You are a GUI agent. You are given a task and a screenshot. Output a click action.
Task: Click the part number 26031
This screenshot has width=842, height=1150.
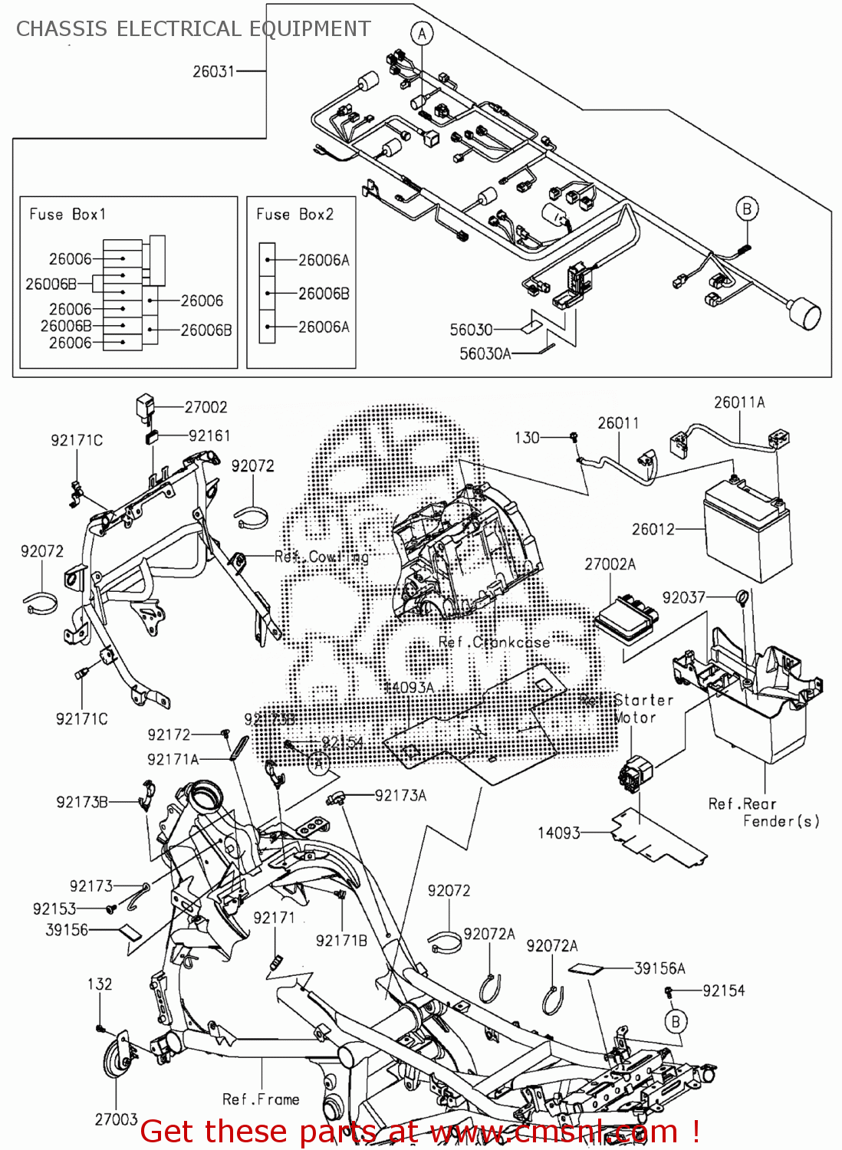point(213,71)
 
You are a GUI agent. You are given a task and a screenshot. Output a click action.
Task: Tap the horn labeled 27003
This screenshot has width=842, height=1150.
point(119,1058)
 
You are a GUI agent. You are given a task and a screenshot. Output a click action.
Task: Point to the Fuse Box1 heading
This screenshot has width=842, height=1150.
point(67,214)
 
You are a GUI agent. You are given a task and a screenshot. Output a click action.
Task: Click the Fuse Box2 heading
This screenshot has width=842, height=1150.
point(295,214)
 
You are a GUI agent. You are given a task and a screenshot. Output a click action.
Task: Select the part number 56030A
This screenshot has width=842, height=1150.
point(485,353)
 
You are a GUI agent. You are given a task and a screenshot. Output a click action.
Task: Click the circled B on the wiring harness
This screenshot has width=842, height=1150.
point(747,209)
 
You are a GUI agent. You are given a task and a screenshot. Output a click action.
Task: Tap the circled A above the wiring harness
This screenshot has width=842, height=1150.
point(422,34)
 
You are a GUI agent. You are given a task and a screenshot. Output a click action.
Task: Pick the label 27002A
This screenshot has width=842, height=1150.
point(610,564)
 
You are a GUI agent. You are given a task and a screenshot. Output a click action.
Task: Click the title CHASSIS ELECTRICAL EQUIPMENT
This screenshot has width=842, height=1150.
point(193,29)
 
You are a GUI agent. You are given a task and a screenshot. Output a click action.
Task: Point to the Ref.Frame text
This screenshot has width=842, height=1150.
point(261,1099)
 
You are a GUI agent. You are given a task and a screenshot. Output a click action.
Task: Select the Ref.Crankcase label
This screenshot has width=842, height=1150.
point(494,642)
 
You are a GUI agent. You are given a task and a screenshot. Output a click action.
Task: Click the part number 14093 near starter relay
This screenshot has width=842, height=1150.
point(559,833)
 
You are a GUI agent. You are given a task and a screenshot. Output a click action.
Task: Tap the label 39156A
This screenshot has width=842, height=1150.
point(659,968)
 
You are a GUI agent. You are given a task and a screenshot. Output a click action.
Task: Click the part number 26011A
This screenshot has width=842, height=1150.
point(739,402)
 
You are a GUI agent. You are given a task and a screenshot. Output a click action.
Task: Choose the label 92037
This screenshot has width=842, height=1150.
point(683,597)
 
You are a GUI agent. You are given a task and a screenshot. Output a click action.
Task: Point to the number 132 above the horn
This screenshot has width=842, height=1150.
point(100,984)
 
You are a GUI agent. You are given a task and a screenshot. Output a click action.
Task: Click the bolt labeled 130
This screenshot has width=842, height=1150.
point(573,437)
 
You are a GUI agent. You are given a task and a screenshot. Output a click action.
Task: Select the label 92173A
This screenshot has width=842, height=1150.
point(400,795)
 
